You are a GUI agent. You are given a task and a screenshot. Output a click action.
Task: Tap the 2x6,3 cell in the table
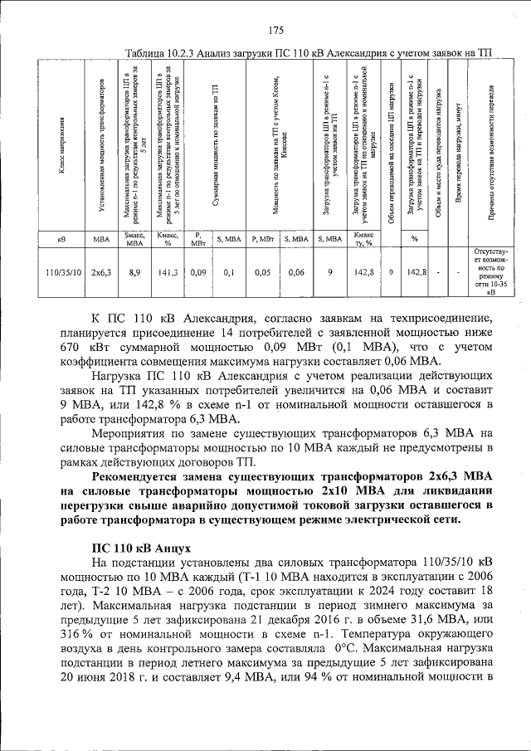tap(101, 271)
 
